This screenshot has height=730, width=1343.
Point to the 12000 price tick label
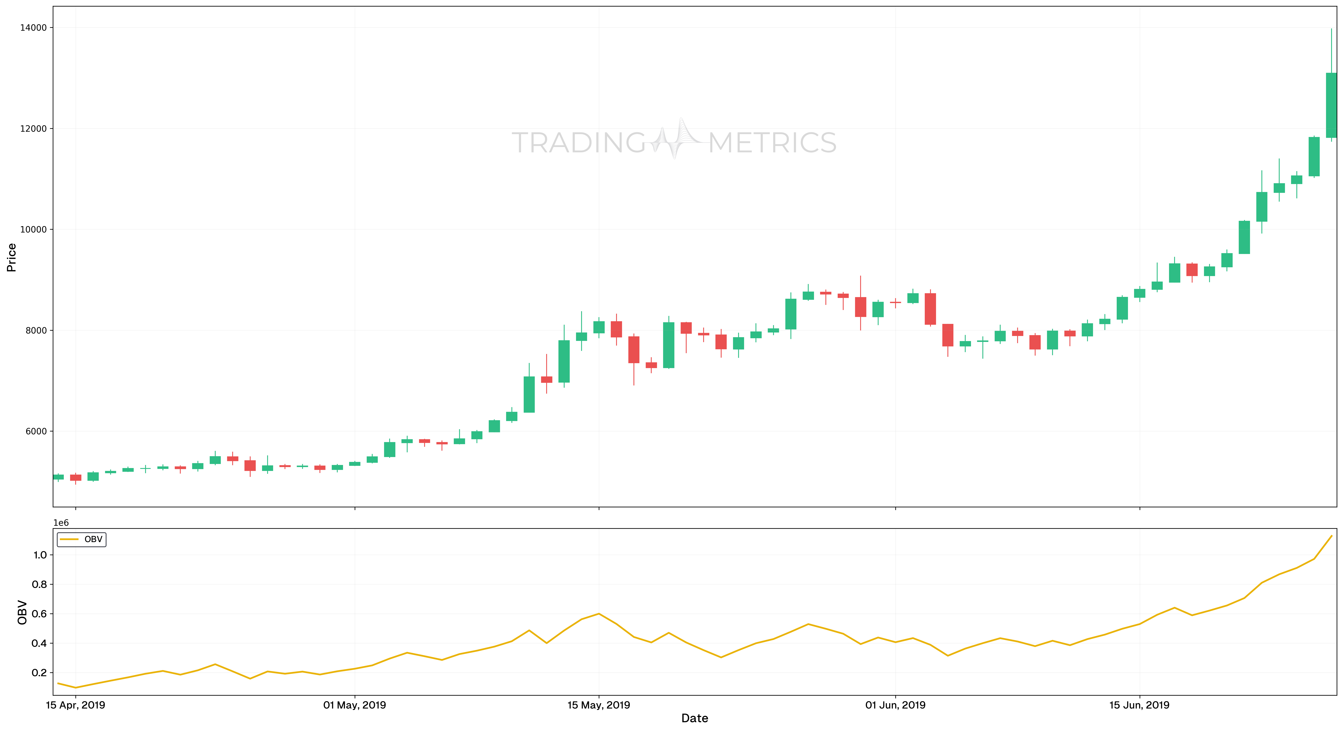33,129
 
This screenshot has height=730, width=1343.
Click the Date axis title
694,719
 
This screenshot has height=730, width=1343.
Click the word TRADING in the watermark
579,143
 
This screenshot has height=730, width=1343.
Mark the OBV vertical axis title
22,612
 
